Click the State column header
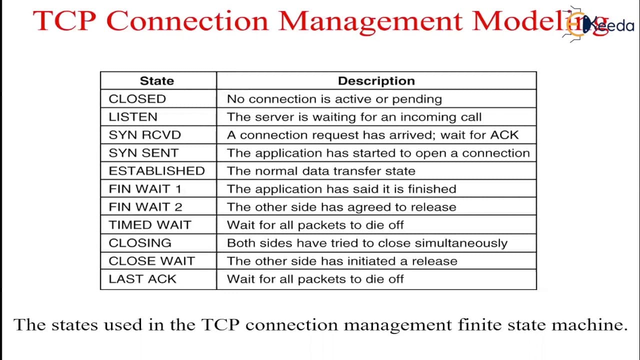[x=157, y=81]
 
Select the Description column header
[x=376, y=81]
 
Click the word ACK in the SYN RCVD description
[x=504, y=135]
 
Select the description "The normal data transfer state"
[x=321, y=171]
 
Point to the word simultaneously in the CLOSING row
[x=461, y=243]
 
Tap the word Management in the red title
[x=370, y=21]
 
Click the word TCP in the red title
[x=64, y=20]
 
